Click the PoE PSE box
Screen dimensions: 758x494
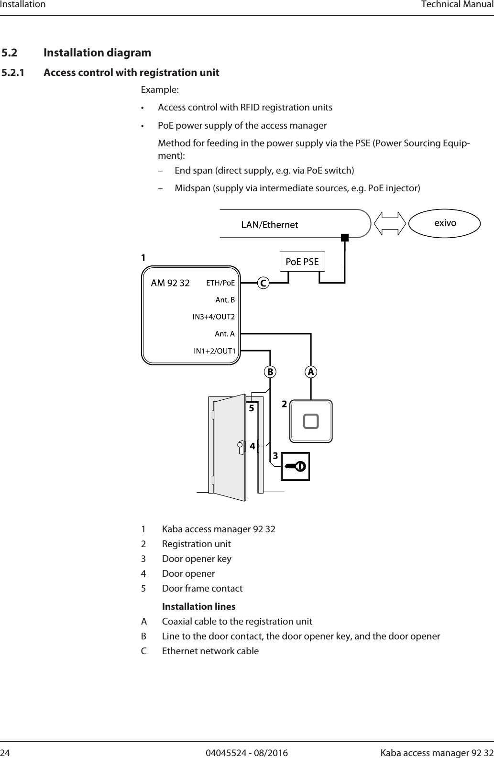click(x=302, y=262)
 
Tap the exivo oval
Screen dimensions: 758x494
click(x=445, y=223)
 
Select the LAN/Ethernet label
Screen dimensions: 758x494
click(x=269, y=225)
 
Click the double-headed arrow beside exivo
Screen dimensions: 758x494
click(x=389, y=223)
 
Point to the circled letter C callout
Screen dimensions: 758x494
click(x=263, y=283)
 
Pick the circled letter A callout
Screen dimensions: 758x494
click(x=311, y=372)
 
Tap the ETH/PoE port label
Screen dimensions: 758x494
click(x=220, y=283)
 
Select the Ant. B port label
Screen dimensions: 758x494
click(x=225, y=300)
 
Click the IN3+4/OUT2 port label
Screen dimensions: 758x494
click(x=214, y=317)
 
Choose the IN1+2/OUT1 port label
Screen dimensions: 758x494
click(x=214, y=351)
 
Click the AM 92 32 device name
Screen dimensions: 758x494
click(x=170, y=283)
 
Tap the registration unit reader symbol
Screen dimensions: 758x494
click(x=311, y=421)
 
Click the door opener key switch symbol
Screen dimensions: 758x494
click(x=295, y=466)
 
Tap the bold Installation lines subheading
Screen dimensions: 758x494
click(x=198, y=606)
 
